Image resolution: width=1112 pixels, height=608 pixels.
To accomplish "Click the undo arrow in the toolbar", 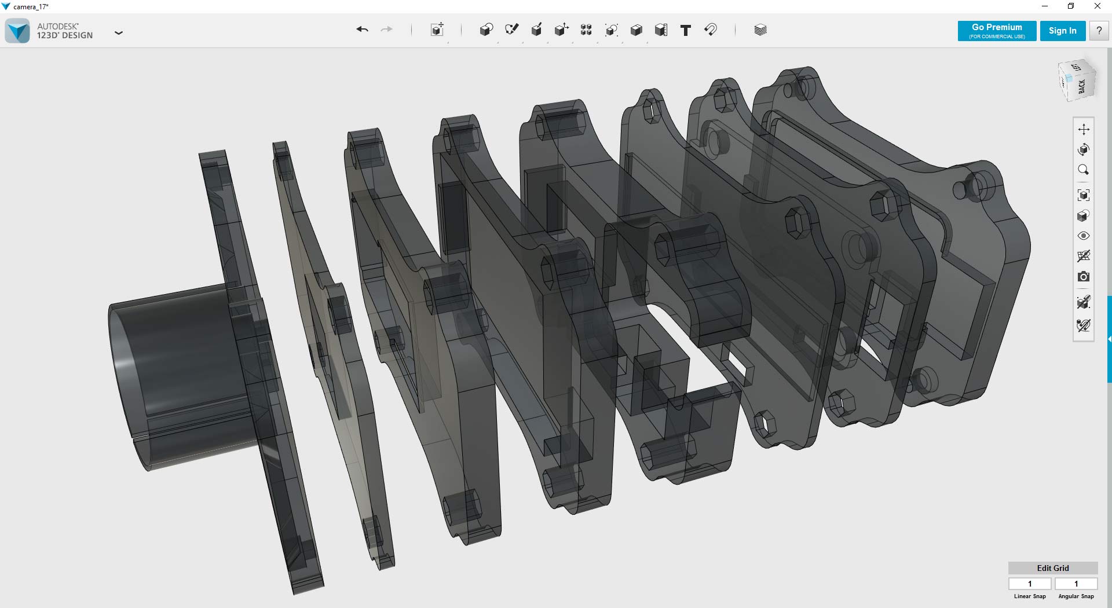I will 363,30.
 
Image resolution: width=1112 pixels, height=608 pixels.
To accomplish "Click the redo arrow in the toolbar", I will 386,30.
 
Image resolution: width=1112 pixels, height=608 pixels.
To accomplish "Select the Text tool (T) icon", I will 685,30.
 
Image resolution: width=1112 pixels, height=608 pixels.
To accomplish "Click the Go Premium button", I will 997,31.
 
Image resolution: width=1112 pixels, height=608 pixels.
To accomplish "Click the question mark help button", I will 1099,31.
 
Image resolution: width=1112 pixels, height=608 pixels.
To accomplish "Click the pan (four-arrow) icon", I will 1083,129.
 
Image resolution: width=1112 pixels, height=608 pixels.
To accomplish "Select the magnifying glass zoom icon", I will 1083,170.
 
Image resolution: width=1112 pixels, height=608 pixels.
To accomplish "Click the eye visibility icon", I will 1083,236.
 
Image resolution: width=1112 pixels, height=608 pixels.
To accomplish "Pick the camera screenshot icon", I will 1083,277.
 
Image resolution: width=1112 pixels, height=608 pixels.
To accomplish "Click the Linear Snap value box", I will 1030,584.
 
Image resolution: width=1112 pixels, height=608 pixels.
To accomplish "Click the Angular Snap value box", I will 1076,584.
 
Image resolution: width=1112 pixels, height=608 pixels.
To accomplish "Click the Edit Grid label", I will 1052,568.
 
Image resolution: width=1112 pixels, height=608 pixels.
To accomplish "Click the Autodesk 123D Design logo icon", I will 17,31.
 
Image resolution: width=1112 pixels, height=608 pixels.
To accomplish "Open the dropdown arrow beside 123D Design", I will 119,33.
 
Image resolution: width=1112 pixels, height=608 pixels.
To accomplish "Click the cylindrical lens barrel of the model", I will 174,371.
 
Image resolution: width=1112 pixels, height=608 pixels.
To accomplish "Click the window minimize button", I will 1045,6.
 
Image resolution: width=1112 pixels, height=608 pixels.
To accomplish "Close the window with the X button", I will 1097,6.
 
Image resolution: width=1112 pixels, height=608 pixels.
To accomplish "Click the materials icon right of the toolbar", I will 760,30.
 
